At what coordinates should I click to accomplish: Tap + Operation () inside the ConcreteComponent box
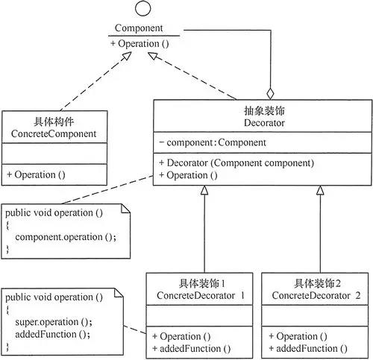(36, 174)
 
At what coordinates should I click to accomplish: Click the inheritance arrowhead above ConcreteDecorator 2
(319, 191)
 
